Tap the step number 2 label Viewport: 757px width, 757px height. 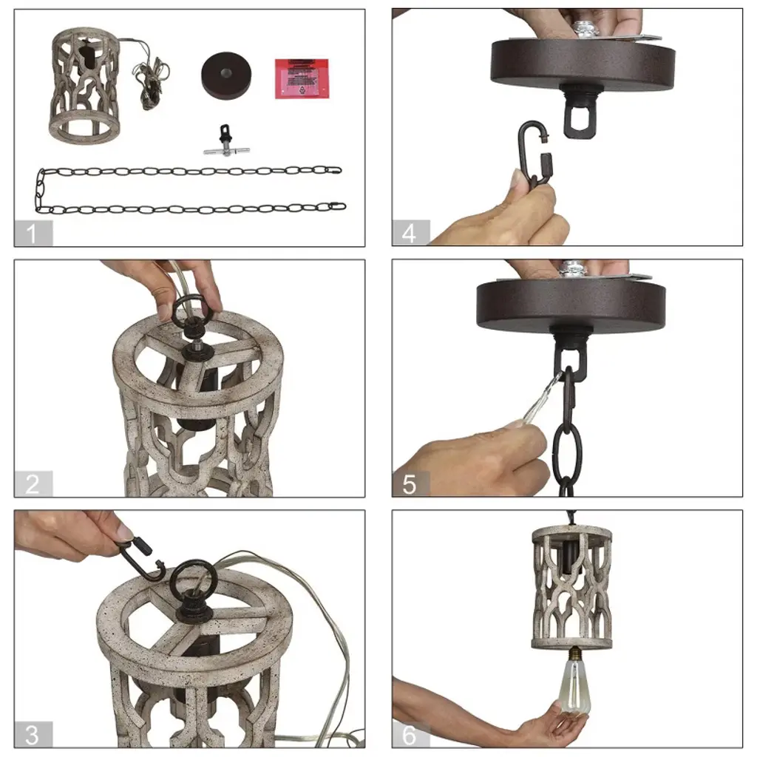(x=33, y=484)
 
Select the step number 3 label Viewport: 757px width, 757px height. (x=32, y=735)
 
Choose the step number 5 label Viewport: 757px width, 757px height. (x=410, y=484)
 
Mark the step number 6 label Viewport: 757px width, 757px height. (x=410, y=735)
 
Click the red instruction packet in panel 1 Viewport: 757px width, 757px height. (x=302, y=78)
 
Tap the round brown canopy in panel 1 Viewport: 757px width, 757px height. (x=226, y=76)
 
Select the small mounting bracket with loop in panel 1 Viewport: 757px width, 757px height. (x=226, y=141)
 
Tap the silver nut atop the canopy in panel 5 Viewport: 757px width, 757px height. (x=571, y=269)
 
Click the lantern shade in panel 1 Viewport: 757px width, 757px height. (x=84, y=86)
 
